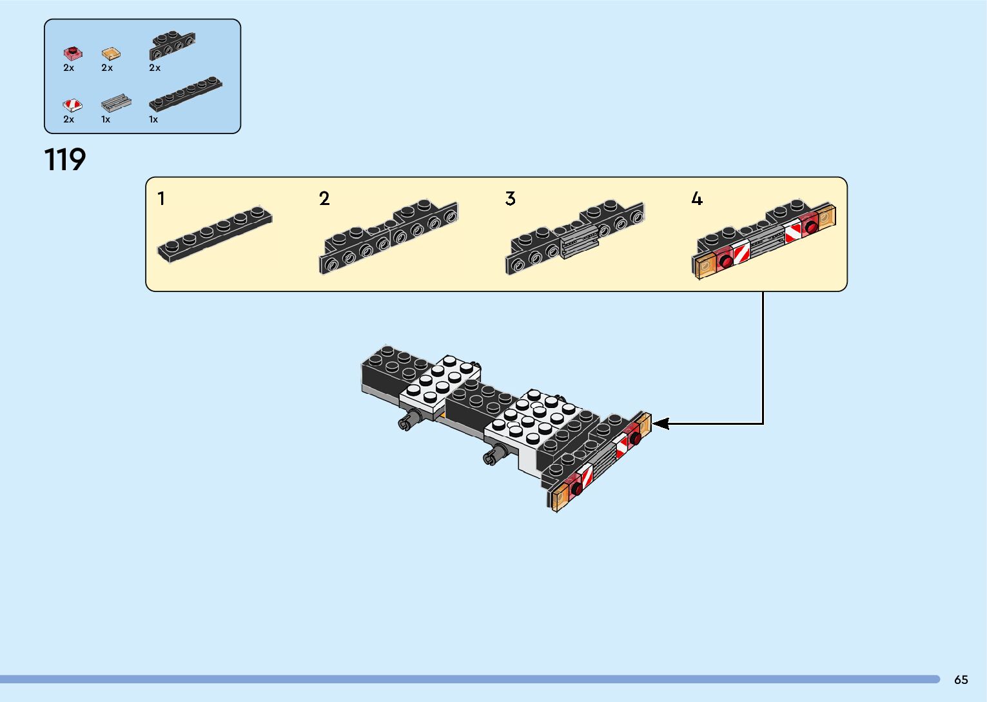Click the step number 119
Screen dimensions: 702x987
(x=64, y=159)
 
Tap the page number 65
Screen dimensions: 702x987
(x=961, y=679)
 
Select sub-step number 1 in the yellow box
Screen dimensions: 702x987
(x=161, y=199)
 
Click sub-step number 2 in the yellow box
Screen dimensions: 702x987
(x=324, y=199)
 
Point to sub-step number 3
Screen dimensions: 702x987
(x=510, y=199)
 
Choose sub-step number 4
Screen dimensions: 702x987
(x=696, y=199)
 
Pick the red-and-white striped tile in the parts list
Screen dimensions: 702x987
(x=72, y=104)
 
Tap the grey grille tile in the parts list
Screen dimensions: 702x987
(x=115, y=103)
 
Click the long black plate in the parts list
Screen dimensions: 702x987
(x=185, y=93)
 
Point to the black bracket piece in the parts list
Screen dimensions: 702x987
(x=172, y=45)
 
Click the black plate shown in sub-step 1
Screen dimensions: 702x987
(x=215, y=233)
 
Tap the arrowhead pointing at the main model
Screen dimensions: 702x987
(x=661, y=424)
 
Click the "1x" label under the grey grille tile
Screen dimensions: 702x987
(x=106, y=119)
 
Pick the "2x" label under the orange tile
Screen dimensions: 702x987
(x=107, y=68)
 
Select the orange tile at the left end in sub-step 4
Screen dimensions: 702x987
(x=705, y=265)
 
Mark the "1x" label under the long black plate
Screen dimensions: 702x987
(x=153, y=119)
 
